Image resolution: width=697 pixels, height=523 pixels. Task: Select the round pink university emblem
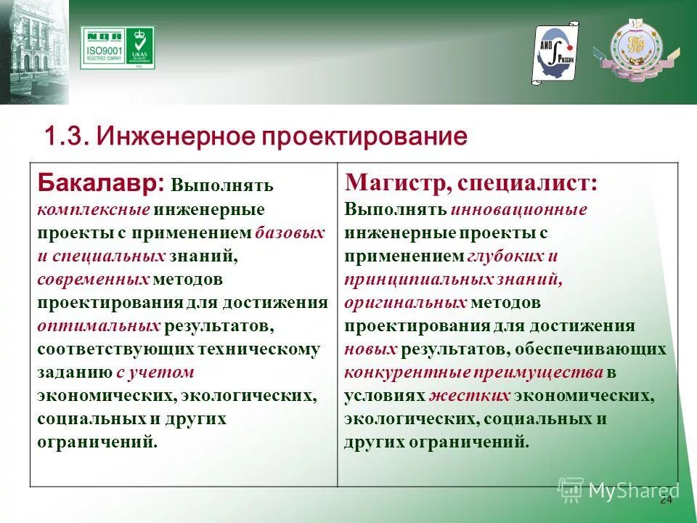[x=635, y=49]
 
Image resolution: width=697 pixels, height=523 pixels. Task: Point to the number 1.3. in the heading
[x=66, y=136]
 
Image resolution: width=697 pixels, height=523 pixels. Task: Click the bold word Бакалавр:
[x=101, y=182]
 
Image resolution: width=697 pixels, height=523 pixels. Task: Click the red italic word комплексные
[x=94, y=209]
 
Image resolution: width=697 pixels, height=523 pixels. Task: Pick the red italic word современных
[x=94, y=279]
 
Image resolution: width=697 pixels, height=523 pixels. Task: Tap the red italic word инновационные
[x=518, y=209]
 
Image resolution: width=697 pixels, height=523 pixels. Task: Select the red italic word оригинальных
[x=405, y=302]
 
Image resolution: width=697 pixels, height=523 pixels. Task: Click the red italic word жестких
[x=470, y=396]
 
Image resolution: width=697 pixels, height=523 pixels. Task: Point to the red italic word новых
[x=370, y=349]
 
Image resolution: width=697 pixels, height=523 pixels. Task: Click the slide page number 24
[x=666, y=501]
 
